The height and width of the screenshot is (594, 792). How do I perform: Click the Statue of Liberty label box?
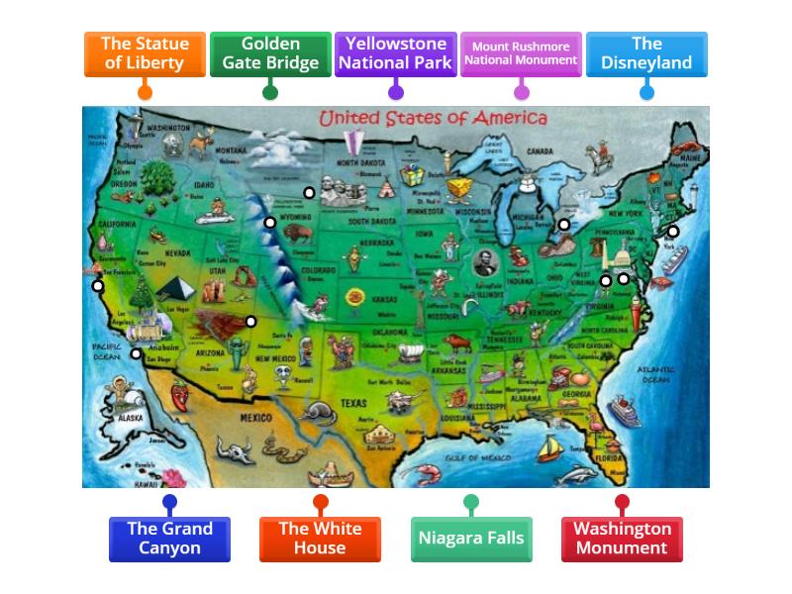point(145,53)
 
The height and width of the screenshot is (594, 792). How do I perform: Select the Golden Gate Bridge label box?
point(270,53)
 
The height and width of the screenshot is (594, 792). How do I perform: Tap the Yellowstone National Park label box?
point(396,53)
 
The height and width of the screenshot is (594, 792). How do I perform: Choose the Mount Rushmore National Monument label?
point(521,53)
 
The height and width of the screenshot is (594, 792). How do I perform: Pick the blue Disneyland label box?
point(646,53)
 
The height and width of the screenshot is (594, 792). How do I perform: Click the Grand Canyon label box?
point(169,539)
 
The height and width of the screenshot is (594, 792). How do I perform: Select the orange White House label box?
point(320,539)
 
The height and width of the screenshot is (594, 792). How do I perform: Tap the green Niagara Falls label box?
point(470,539)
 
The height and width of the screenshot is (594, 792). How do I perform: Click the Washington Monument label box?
point(622,539)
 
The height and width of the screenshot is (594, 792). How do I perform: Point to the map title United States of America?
point(433,119)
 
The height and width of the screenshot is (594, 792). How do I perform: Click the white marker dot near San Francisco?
point(98,287)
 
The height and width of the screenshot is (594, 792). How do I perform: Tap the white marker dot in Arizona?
point(251,322)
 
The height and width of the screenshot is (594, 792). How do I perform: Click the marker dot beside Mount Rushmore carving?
point(309,193)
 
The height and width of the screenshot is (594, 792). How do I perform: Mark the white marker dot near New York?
point(673,232)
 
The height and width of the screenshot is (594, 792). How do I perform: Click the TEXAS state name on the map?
point(353,404)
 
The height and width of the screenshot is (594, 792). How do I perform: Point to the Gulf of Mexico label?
point(476,458)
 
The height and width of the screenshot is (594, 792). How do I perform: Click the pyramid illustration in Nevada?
point(179,290)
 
